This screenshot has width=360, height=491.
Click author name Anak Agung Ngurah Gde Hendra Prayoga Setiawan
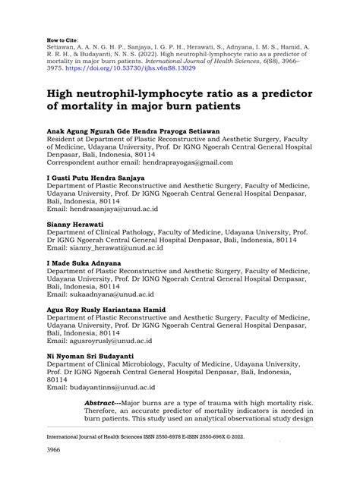[x=134, y=131]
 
